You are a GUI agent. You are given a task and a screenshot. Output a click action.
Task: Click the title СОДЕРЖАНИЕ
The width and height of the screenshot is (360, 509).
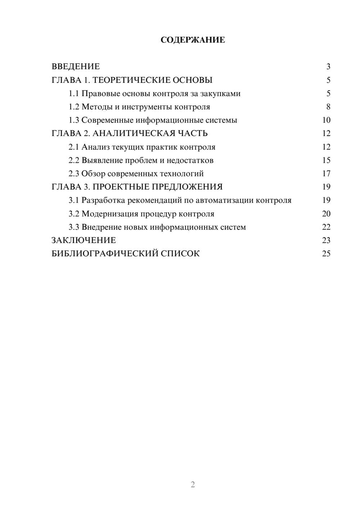click(193, 40)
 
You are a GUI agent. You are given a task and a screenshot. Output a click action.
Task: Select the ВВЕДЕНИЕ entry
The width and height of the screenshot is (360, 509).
click(76, 67)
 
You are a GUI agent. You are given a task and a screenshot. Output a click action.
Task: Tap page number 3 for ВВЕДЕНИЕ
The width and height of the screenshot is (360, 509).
click(328, 67)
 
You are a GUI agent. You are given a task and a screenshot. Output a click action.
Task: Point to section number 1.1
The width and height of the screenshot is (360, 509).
click(74, 94)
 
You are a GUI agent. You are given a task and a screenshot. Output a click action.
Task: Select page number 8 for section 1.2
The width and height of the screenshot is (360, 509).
click(328, 107)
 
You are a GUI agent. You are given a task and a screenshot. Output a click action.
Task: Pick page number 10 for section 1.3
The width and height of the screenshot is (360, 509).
click(326, 120)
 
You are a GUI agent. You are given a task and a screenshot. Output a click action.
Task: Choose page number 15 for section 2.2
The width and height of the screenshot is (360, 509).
click(326, 160)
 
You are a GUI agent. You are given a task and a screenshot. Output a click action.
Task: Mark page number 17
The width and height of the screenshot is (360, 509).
click(326, 174)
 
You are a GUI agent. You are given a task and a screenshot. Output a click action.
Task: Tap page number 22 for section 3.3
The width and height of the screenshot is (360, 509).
click(326, 227)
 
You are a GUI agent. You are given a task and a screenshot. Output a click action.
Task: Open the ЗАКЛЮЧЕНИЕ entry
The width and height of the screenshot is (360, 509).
click(84, 240)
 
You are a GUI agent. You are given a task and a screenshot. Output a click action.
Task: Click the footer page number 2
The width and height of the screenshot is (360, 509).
click(193, 485)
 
